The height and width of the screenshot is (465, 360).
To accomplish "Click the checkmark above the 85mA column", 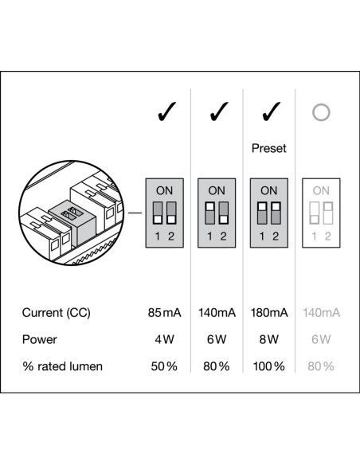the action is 166,111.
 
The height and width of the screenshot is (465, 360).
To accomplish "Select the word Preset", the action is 269,148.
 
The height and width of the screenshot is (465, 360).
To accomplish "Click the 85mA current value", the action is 165,313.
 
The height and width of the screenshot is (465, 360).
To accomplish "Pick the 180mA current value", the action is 269,313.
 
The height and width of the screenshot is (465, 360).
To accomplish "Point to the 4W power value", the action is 164,339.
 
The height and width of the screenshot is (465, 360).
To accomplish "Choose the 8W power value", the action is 269,339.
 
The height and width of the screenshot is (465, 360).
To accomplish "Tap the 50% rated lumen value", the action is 164,366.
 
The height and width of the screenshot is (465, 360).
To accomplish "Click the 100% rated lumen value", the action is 268,366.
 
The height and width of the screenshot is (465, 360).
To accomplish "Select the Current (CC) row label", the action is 56,313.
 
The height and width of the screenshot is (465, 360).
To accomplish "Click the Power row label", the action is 40,339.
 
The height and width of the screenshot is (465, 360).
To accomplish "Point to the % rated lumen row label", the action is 63,366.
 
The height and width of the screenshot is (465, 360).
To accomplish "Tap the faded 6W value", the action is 321,339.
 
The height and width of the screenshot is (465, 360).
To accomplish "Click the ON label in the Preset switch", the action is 269,190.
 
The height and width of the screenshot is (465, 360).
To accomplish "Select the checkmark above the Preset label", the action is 271,111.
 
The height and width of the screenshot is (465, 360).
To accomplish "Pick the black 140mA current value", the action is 217,313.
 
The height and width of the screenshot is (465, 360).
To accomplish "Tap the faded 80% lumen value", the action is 321,366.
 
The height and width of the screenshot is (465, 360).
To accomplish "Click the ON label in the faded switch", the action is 321,190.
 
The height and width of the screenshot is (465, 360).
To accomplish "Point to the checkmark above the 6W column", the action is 218,111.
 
